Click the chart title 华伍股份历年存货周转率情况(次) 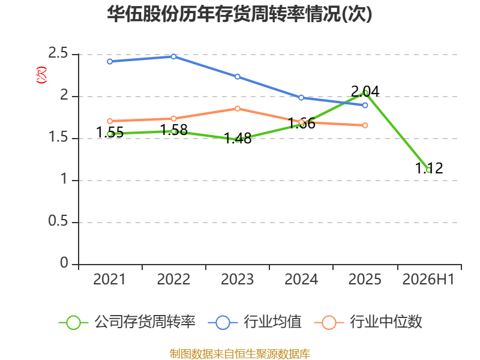click(239, 14)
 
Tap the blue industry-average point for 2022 click(173, 56)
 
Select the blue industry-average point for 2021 click(110, 62)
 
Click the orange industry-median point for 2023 click(238, 109)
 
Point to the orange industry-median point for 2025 click(365, 125)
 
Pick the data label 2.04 click(365, 91)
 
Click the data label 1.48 click(238, 138)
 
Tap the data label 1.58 click(173, 130)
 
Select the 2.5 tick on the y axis click(58, 53)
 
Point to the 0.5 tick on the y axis click(58, 221)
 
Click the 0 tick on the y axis click(64, 263)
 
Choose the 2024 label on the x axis click(301, 280)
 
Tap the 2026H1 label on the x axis click(428, 280)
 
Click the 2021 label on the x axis click(109, 280)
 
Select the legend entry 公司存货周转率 click(127, 322)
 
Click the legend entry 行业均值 click(254, 322)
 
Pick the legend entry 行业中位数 click(368, 322)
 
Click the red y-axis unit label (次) click(41, 75)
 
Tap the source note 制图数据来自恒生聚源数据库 click(240, 354)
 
